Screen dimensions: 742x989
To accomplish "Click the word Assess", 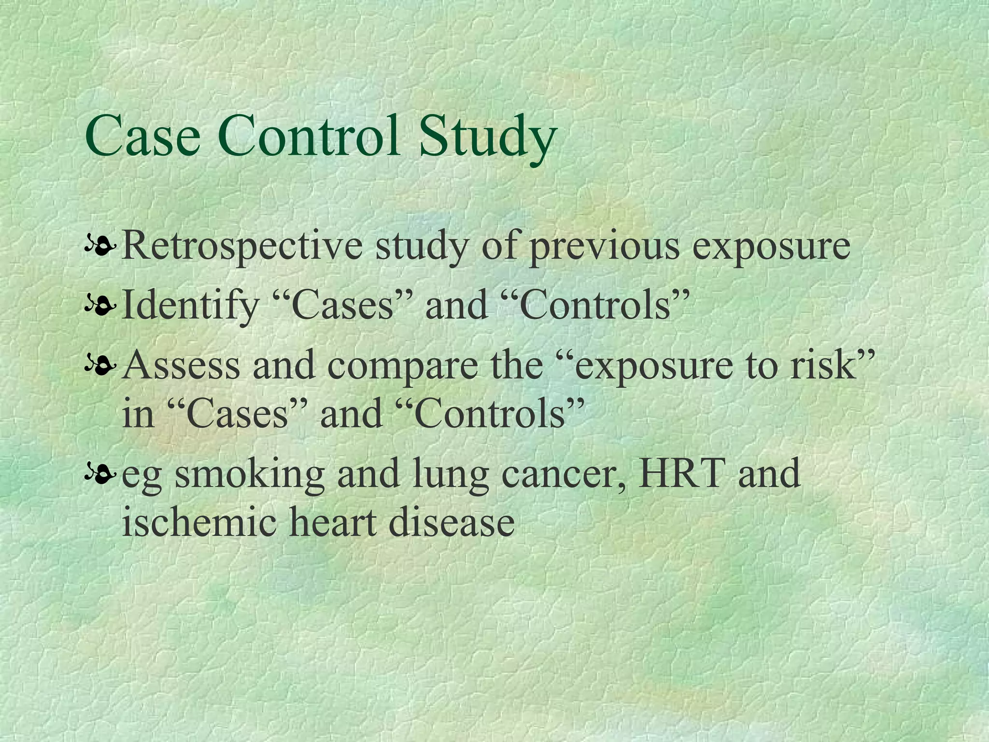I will click(x=181, y=365).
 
